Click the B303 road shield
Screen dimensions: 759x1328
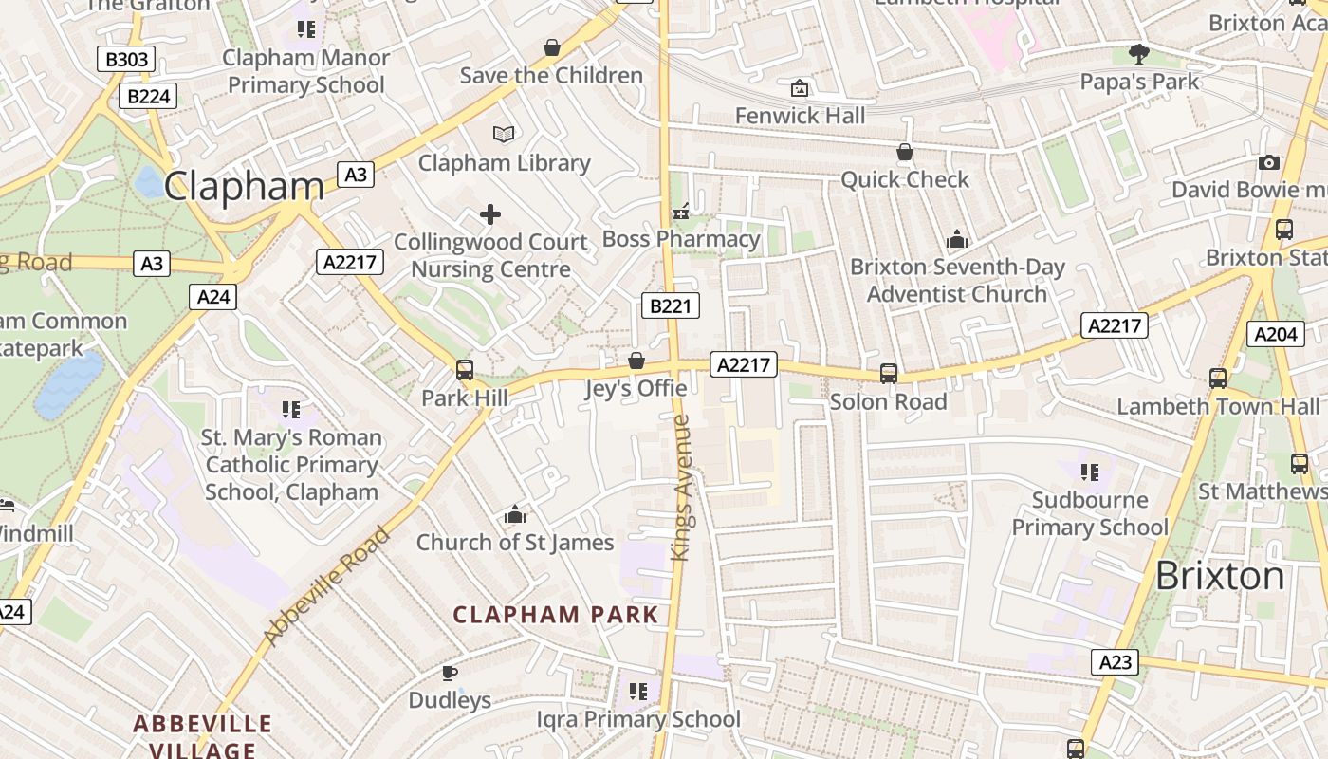126,60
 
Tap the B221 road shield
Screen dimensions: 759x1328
671,305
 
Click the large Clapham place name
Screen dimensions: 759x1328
244,186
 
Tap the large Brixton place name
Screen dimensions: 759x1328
1220,576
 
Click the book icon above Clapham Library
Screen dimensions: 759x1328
504,135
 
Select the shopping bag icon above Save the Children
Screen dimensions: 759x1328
551,47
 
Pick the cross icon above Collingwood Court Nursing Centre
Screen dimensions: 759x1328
490,214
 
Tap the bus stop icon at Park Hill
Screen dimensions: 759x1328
465,370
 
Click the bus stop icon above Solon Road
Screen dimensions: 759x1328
889,374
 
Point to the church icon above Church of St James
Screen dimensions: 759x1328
515,515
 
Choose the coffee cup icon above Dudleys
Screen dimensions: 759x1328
450,674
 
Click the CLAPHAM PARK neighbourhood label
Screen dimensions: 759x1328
556,615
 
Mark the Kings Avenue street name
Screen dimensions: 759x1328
682,488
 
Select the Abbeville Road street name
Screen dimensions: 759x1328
327,586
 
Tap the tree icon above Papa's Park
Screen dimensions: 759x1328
1139,54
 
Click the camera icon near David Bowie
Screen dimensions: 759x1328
1269,163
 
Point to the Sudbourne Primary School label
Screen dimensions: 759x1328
1090,513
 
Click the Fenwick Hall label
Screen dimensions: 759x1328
801,116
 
